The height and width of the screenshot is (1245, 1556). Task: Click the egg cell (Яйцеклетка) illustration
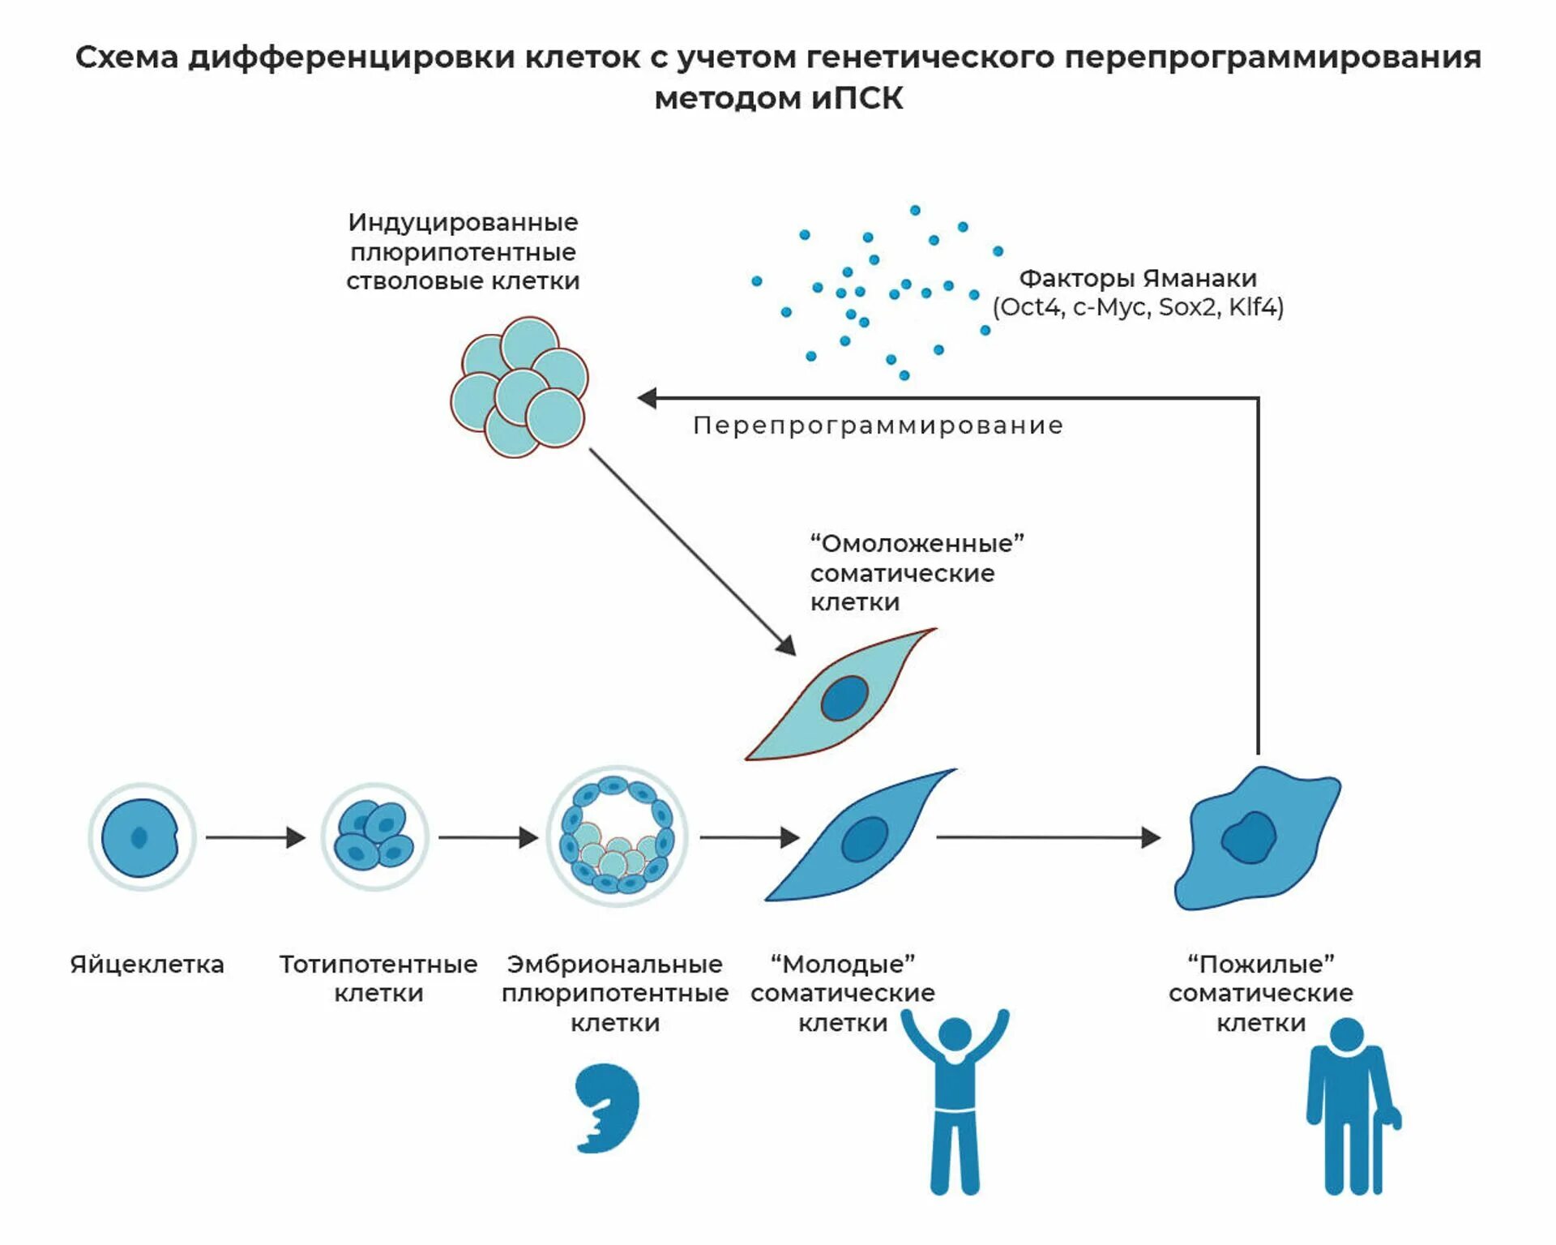coord(141,837)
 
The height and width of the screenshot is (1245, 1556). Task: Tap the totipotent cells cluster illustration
coord(374,837)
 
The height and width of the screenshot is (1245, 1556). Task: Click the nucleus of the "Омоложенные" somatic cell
coord(844,698)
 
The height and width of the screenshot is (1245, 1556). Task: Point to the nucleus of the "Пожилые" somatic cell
coord(1248,837)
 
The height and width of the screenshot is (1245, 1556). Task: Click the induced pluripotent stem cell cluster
coord(519,387)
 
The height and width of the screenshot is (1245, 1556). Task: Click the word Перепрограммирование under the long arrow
coord(878,426)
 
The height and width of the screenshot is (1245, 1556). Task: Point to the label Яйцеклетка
coord(147,965)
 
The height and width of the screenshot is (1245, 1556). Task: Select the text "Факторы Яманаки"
coord(1138,279)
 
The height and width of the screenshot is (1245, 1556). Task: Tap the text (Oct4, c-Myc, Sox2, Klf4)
coord(1138,308)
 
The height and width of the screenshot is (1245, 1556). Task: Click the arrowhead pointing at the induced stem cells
coord(648,398)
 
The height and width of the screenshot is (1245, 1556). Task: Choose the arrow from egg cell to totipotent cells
coord(255,837)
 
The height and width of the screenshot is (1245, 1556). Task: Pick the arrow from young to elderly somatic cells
coord(1048,837)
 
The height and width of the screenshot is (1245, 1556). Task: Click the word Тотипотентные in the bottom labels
coord(378,965)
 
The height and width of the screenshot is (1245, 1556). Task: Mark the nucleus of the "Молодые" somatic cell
coord(865,839)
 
